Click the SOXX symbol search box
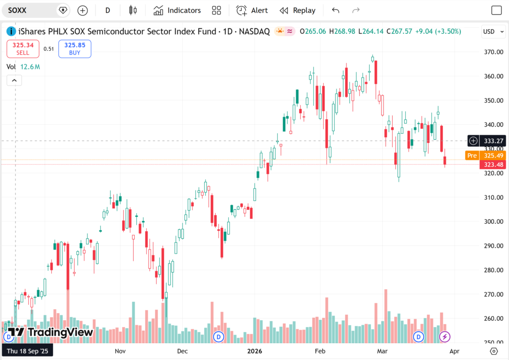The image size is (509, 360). click(30, 10)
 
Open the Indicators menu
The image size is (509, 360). click(177, 10)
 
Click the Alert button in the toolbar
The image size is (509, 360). click(252, 10)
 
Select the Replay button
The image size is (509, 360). click(297, 10)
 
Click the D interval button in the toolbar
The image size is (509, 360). click(108, 10)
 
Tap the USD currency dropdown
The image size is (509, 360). click(492, 31)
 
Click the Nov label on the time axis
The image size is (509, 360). click(120, 351)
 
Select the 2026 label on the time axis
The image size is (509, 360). click(255, 351)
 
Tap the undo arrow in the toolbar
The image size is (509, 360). click(336, 10)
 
